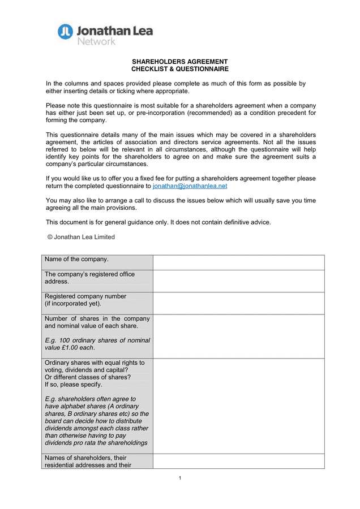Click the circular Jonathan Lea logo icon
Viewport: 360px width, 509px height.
pyautogui.click(x=66, y=31)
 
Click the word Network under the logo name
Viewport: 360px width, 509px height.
pyautogui.click(x=96, y=41)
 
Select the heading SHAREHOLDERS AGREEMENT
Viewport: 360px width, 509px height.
pyautogui.click(x=179, y=62)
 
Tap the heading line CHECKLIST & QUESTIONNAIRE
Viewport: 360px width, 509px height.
pyautogui.click(x=179, y=69)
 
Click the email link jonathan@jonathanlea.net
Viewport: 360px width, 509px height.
pyautogui.click(x=190, y=186)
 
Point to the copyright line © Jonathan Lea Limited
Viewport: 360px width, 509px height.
pyautogui.click(x=81, y=237)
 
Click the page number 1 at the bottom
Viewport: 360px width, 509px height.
pyautogui.click(x=180, y=478)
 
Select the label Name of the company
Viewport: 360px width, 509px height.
pyautogui.click(x=76, y=260)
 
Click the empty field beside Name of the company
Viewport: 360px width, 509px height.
pyautogui.click(x=238, y=262)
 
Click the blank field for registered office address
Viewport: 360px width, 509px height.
pyautogui.click(x=238, y=281)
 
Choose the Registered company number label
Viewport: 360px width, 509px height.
pyautogui.click(x=85, y=296)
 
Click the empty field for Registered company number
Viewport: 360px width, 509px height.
pyautogui.click(x=238, y=303)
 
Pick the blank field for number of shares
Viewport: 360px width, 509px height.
pyautogui.click(x=238, y=336)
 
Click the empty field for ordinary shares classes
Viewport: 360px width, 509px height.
pyautogui.click(x=238, y=406)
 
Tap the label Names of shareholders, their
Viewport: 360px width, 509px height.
pyautogui.click(x=85, y=458)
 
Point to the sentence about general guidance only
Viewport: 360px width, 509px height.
pyautogui.click(x=158, y=222)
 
